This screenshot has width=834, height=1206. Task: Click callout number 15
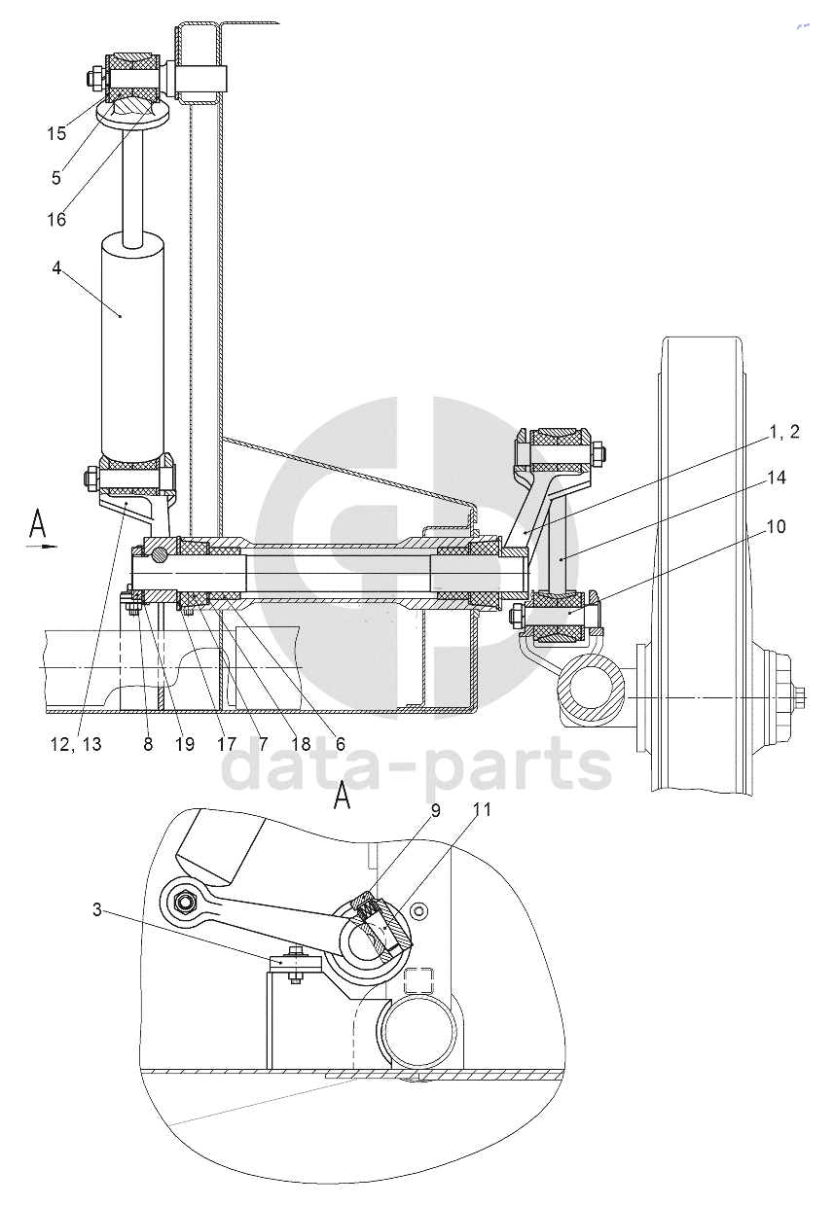tap(56, 133)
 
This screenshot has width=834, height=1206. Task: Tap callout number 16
tap(56, 220)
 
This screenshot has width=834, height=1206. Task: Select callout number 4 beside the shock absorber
tap(56, 267)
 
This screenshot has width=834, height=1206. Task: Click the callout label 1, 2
tap(783, 432)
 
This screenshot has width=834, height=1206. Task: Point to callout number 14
tap(776, 478)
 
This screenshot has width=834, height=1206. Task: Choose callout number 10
tap(776, 526)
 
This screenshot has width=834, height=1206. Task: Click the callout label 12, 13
tap(76, 744)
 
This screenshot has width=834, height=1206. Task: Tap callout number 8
tap(148, 744)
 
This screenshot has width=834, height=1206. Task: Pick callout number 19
tap(184, 744)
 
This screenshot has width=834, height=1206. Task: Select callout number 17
tap(227, 744)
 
